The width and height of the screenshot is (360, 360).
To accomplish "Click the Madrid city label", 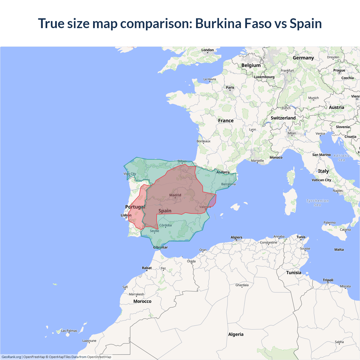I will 175,195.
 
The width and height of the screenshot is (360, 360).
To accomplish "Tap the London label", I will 208,50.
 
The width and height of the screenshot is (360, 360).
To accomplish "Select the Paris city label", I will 230,87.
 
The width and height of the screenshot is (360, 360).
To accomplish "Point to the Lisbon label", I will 126,215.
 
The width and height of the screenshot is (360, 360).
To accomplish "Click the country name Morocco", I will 142,301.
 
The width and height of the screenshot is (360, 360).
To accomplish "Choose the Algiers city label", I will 236,237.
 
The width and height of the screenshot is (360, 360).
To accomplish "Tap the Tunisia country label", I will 294,273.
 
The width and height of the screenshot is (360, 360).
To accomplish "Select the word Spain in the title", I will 306,23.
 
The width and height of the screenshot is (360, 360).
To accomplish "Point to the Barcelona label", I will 228,184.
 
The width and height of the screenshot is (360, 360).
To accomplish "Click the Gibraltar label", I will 160,247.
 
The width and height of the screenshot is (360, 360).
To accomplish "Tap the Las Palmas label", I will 69,331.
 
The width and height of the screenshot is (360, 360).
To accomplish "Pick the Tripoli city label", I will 328,280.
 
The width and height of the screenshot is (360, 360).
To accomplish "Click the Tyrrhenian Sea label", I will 317,203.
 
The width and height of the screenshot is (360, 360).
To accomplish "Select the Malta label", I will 339,249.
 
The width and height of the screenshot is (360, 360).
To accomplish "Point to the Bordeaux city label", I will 203,141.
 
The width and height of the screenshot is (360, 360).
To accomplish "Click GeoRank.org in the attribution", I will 11,357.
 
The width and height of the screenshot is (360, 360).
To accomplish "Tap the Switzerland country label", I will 283,118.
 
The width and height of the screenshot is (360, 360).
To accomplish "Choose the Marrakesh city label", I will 136,294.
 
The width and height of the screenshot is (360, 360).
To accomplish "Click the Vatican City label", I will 321,180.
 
